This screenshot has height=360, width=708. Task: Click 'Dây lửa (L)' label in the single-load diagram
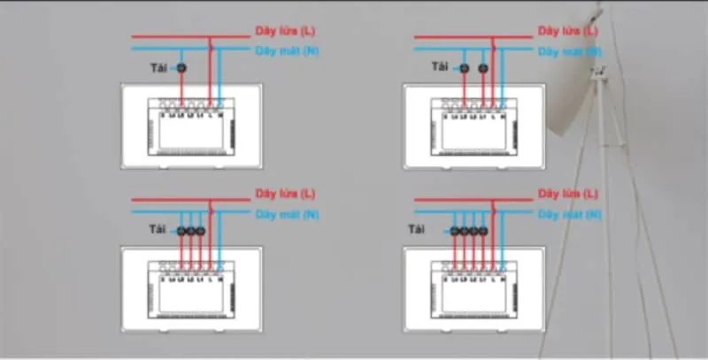tap(284, 31)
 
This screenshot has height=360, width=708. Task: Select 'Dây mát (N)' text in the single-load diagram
tap(286, 50)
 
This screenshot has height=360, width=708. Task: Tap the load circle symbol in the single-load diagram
tap(181, 68)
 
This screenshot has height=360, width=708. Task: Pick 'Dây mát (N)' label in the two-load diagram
tap(570, 50)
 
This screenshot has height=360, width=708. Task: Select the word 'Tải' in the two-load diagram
tap(440, 67)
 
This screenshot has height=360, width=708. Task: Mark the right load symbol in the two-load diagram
tap(482, 68)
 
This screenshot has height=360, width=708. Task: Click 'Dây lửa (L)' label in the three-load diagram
tap(284, 193)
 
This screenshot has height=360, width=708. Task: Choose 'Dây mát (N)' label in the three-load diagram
tap(286, 214)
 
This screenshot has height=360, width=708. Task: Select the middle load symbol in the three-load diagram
tap(190, 231)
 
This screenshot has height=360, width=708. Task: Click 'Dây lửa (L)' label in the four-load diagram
tap(568, 193)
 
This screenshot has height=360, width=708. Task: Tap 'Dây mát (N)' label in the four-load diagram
tap(570, 214)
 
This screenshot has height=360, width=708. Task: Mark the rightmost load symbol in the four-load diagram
tap(484, 231)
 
